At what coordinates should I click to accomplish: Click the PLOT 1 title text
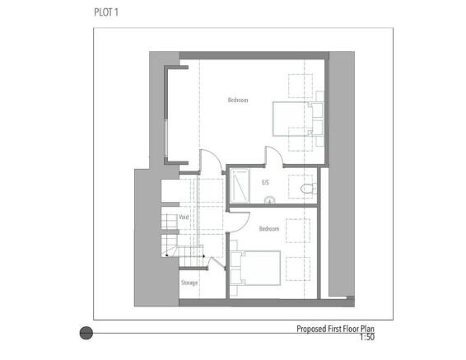coord(106,12)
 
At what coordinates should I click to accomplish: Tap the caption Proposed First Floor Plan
coord(336,329)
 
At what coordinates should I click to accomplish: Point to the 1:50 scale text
coord(367,337)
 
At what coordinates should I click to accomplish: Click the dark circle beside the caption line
coord(86,333)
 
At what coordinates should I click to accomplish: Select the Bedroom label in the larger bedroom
coord(238,100)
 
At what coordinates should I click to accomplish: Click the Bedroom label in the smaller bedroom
coord(269,229)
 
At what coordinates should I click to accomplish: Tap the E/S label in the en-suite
coord(265,182)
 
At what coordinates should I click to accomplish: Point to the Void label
coord(184,217)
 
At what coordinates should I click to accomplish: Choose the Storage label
coord(189,283)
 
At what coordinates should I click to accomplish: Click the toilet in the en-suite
coord(309,188)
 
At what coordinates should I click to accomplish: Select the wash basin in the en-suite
coord(269,199)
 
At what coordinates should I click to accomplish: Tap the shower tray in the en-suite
coord(240,186)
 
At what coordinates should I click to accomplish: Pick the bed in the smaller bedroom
coord(255,268)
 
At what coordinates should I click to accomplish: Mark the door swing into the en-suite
coord(274,155)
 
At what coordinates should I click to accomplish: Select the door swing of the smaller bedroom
coord(239,222)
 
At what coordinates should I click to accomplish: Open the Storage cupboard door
coord(217,263)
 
